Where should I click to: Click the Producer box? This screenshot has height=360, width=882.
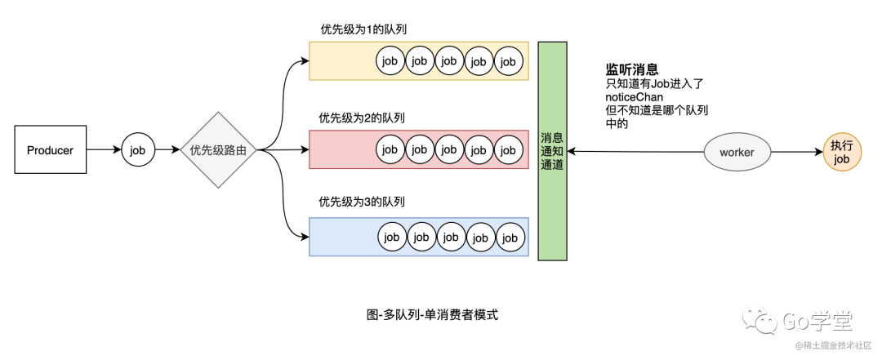(50, 149)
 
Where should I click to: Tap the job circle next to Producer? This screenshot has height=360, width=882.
(138, 150)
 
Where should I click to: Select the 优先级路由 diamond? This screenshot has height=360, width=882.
(218, 150)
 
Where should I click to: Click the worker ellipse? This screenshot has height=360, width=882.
(737, 152)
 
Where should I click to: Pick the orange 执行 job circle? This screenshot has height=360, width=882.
(841, 152)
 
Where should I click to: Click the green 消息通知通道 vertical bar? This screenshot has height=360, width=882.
(552, 151)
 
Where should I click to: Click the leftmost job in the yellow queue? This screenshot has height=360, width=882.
(390, 60)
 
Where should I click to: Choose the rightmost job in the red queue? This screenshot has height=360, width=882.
(508, 149)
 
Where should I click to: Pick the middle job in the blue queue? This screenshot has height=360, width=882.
(451, 238)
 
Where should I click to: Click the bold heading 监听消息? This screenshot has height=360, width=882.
(631, 69)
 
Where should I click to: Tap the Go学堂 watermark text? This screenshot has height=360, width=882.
(816, 321)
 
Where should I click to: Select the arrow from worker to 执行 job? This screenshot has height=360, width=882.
(796, 152)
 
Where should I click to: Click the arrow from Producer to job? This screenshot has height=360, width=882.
(105, 150)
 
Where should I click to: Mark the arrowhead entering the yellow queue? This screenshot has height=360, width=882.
(305, 60)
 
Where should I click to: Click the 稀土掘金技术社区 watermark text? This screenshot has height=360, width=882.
(836, 344)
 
